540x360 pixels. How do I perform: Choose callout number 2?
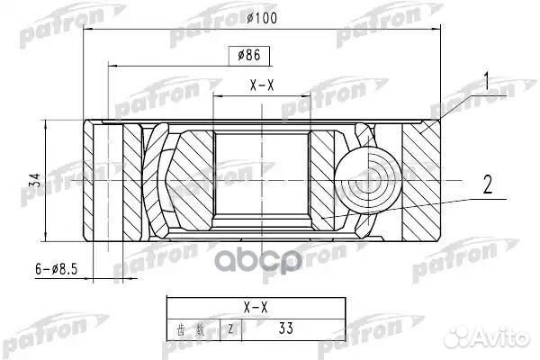click(486, 186)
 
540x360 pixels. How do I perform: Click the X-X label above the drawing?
click(261, 87)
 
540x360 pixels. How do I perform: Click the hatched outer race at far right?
click(422, 179)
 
